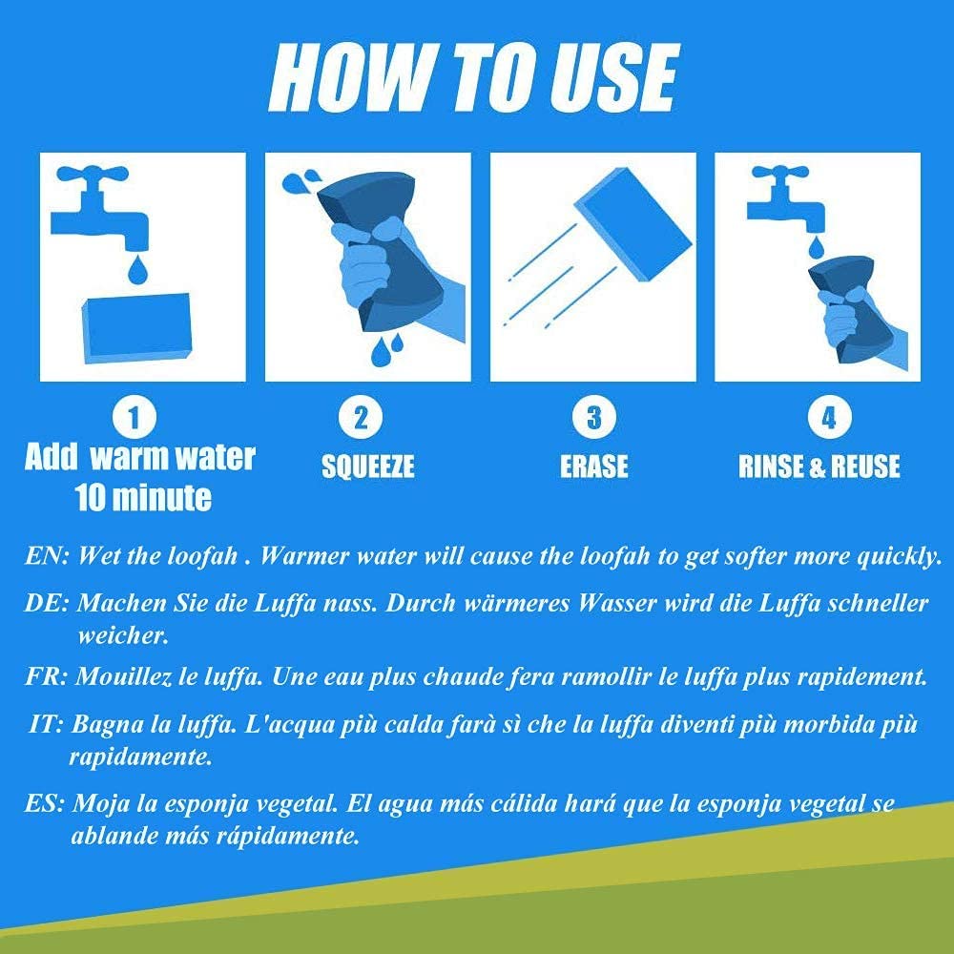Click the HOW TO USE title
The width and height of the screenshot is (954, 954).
click(473, 78)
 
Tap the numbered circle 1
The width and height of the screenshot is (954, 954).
click(135, 418)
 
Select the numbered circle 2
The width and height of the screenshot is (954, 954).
click(361, 418)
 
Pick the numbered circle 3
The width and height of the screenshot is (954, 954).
click(593, 418)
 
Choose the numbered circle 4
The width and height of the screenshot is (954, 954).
click(829, 418)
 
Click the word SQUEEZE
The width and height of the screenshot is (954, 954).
click(367, 467)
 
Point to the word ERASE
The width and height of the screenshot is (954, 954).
click(593, 467)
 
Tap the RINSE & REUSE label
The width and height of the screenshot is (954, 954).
click(819, 467)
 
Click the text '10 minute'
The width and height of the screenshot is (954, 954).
click(144, 498)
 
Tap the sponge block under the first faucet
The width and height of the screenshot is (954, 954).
click(136, 329)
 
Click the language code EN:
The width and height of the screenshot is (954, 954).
click(48, 555)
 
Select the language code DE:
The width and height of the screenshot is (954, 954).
click(48, 603)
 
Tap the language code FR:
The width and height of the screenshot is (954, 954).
click(46, 676)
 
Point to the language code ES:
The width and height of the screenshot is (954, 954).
click(45, 803)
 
